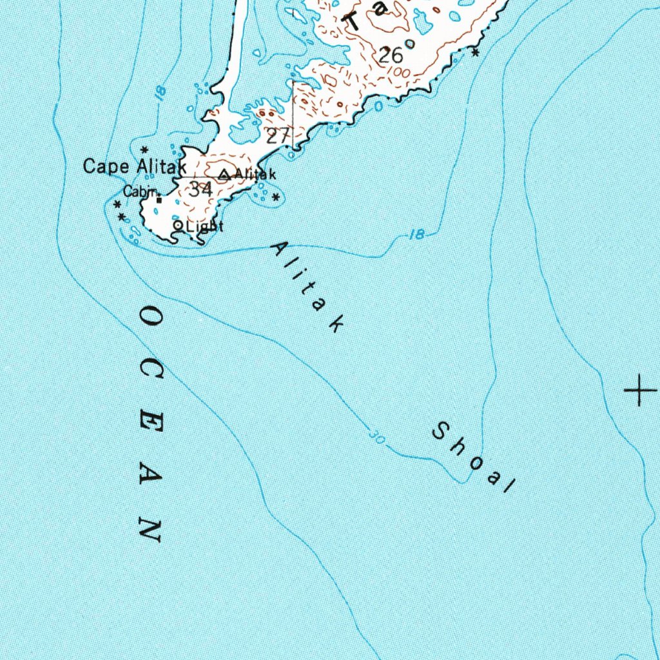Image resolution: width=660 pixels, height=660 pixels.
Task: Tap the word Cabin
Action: click(141, 191)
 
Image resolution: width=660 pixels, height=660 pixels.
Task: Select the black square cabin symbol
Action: click(159, 200)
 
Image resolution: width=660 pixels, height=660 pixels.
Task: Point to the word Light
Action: click(204, 226)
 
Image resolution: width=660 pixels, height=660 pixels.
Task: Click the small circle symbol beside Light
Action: click(178, 226)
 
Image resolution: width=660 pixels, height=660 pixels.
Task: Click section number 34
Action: click(200, 189)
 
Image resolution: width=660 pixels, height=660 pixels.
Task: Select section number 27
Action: click(278, 135)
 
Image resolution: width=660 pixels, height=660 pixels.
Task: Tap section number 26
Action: click(391, 55)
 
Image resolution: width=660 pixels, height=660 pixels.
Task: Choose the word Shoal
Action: click(473, 456)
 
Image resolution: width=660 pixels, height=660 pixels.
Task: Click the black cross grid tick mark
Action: click(640, 389)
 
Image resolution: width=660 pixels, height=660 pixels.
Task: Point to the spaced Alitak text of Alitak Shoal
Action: click(307, 287)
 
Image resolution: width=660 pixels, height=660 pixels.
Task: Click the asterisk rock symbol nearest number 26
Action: click(476, 52)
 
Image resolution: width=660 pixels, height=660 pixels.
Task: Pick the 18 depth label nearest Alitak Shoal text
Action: click(418, 235)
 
